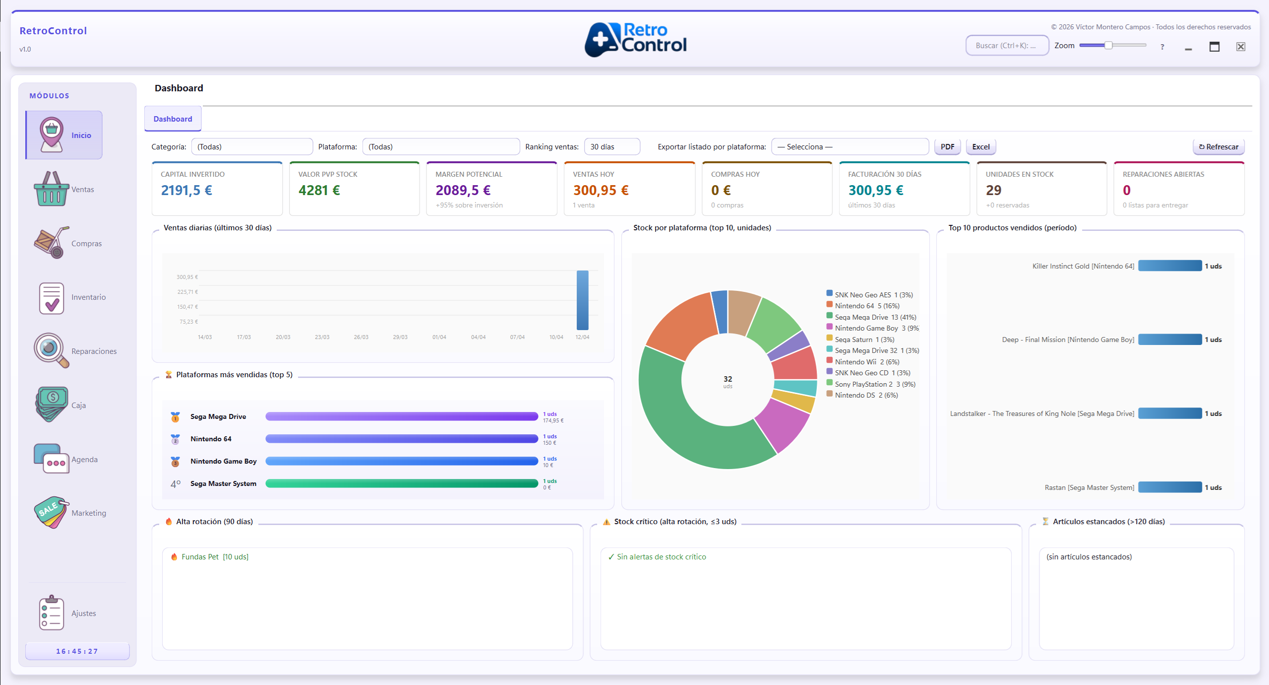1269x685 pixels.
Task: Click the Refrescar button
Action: (x=1218, y=147)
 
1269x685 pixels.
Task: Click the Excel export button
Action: (x=980, y=147)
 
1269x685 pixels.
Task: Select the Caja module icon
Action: (x=51, y=404)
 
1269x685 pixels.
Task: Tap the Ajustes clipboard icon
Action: (x=52, y=613)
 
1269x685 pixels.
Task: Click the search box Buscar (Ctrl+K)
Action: (x=1006, y=46)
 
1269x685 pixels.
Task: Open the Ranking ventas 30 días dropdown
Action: (x=611, y=147)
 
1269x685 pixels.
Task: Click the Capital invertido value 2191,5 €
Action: (x=186, y=190)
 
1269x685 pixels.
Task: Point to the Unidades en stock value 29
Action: (x=993, y=190)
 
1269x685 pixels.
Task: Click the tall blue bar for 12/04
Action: (x=582, y=300)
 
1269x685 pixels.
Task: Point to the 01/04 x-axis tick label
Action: (x=439, y=337)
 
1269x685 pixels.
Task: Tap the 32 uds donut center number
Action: (x=727, y=379)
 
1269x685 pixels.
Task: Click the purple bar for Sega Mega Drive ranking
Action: (x=401, y=416)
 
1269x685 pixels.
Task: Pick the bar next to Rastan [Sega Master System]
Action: (x=1169, y=487)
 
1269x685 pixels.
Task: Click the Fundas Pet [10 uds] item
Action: (x=214, y=557)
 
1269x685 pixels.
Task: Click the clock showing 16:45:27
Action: (x=77, y=651)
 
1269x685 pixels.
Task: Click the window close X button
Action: (x=1240, y=47)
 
